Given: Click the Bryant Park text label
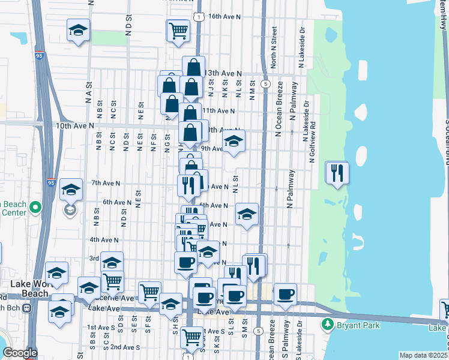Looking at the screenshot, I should (x=354, y=325).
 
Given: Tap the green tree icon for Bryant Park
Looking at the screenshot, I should (x=328, y=325).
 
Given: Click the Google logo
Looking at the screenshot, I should (x=19, y=353).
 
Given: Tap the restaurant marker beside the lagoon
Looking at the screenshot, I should (x=337, y=173).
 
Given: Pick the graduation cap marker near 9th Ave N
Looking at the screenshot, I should (x=234, y=142).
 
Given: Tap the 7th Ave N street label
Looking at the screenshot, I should (x=106, y=182).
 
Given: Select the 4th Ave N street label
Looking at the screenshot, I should (x=103, y=239).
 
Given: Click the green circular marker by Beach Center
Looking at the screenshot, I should (x=35, y=208).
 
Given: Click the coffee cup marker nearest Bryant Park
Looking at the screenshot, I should (x=286, y=294).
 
